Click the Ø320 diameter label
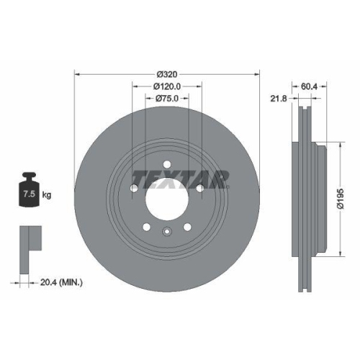pyautogui.click(x=166, y=74)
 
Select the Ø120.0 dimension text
pyautogui.click(x=166, y=86)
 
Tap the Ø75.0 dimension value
pyautogui.click(x=166, y=98)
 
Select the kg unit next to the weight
pyautogui.click(x=47, y=194)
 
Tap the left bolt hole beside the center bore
pyautogui.click(x=135, y=189)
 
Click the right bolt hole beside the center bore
pyautogui.click(x=198, y=189)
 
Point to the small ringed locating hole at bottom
pyautogui.click(x=166, y=231)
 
